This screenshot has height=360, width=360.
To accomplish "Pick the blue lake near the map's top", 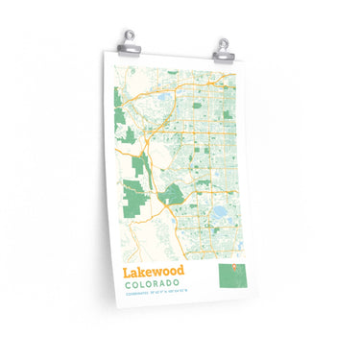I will tap(163, 97).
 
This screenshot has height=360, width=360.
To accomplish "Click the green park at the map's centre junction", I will tap(172, 195).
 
